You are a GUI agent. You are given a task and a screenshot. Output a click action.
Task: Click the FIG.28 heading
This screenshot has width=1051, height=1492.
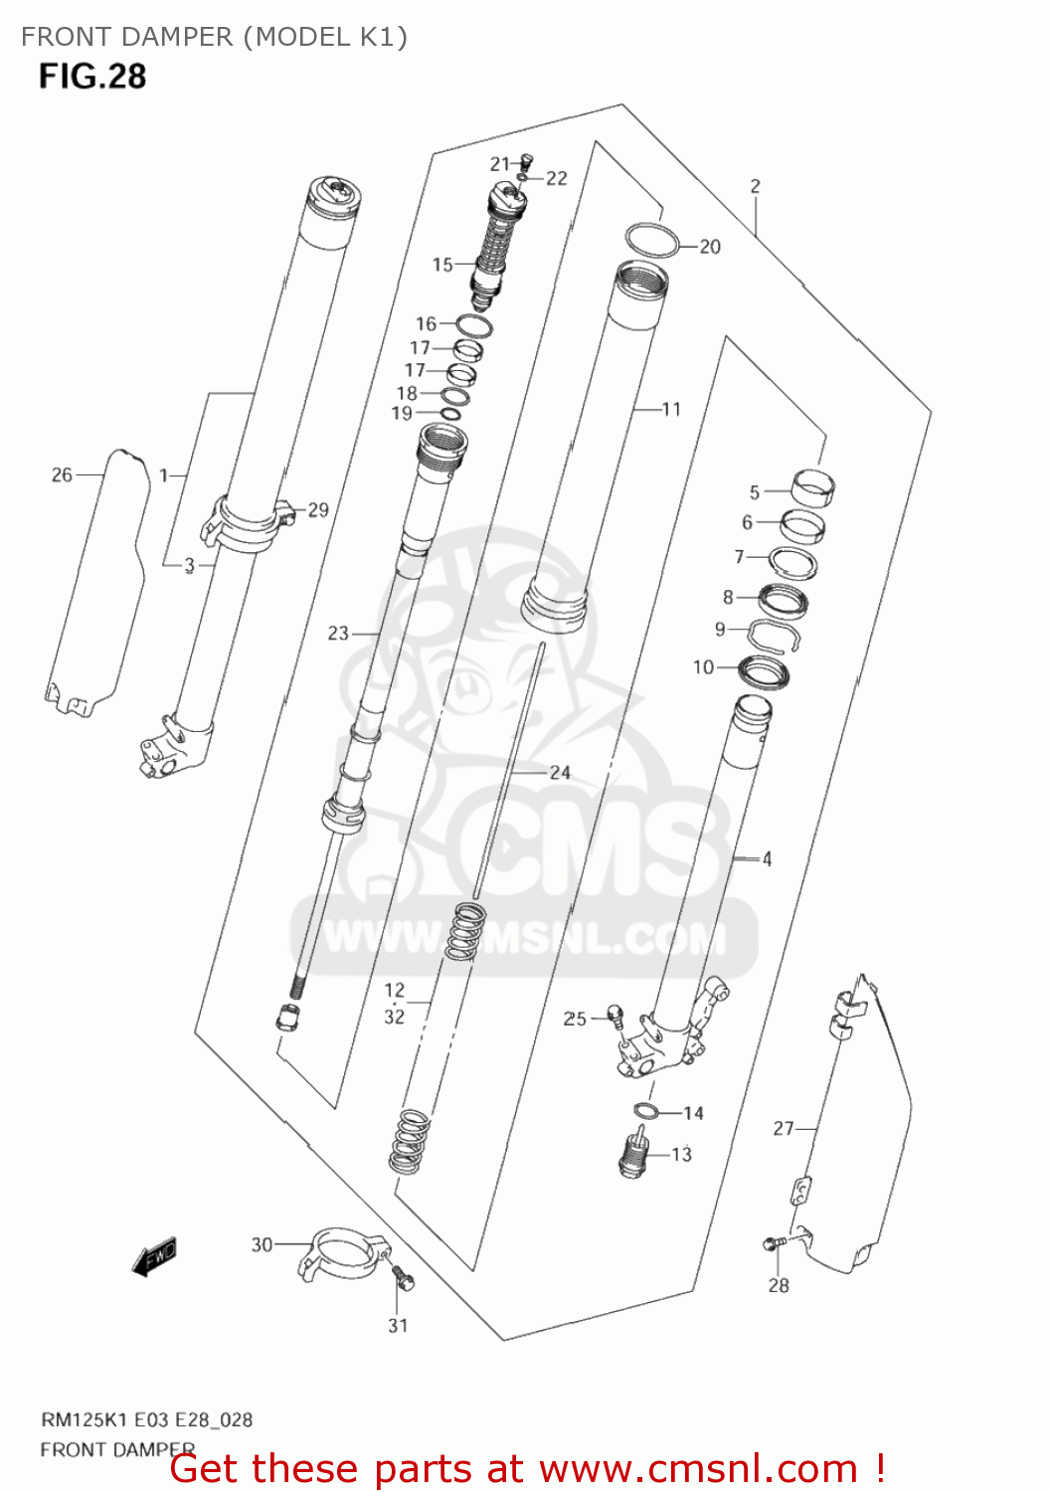(92, 77)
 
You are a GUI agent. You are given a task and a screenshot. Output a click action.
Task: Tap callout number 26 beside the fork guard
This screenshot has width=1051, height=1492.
(62, 475)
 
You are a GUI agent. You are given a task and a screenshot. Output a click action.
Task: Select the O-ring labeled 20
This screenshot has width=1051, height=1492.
(652, 240)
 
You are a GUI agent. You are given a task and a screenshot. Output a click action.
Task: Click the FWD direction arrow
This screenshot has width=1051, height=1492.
(154, 1256)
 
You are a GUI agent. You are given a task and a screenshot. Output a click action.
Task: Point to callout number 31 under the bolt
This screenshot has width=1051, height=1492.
(398, 1325)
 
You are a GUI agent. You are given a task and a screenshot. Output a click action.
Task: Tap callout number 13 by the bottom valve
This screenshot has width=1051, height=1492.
(681, 1155)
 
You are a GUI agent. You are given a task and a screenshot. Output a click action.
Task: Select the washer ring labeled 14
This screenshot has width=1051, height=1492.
(645, 1111)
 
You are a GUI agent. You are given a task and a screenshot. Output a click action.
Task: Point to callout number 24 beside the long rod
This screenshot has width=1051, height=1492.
(560, 772)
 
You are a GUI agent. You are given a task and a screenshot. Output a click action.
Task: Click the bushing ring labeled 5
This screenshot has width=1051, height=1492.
(813, 486)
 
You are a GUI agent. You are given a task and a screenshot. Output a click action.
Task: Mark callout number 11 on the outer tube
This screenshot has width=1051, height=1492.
(671, 409)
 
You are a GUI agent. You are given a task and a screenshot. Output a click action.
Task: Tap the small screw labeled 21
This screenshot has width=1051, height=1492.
(527, 159)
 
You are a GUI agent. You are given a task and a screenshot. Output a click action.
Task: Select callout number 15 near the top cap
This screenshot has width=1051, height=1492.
(442, 265)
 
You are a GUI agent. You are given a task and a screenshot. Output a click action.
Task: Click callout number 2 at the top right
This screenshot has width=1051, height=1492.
(755, 186)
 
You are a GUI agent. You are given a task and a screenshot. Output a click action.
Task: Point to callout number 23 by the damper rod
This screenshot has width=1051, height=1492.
(338, 633)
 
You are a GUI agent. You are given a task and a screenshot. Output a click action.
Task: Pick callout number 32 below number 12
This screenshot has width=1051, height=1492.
(395, 1016)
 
